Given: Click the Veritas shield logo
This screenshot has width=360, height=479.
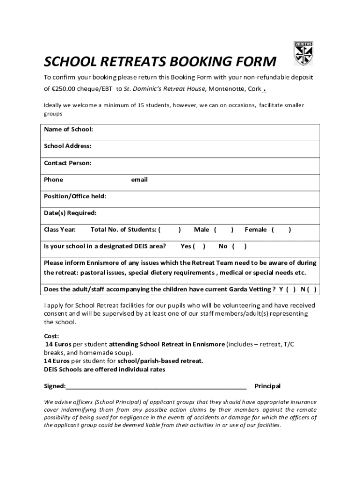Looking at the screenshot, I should [303, 54].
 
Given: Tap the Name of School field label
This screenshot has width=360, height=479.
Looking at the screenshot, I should [68, 129].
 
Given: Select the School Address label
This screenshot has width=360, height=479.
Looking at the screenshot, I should [68, 146].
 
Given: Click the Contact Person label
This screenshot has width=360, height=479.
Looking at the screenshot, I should [67, 163].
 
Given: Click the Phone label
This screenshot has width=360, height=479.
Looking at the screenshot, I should [53, 180].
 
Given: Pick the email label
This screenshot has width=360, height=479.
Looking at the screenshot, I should [139, 180].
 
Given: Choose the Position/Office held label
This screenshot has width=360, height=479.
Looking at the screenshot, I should [75, 196].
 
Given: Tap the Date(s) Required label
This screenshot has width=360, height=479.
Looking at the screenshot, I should [70, 213].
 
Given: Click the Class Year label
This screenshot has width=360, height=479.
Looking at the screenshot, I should [59, 229].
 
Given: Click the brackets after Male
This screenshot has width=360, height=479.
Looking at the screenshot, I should [224, 229].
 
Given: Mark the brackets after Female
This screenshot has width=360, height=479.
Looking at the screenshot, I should [281, 229].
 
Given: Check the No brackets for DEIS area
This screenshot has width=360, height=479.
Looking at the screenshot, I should [239, 246].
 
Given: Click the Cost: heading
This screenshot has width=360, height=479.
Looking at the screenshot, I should [51, 336].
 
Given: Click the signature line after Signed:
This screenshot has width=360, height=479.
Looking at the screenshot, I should [156, 386].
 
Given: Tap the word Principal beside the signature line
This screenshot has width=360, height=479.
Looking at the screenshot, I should [267, 386].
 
